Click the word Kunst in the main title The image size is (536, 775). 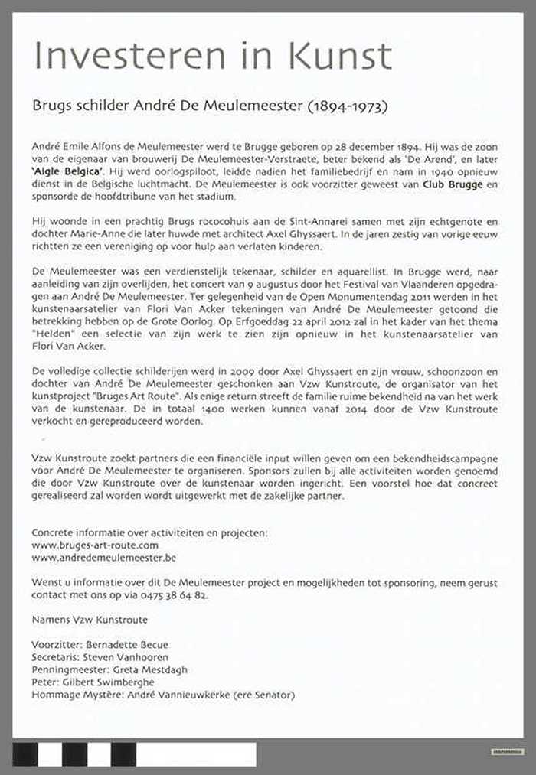click(x=339, y=57)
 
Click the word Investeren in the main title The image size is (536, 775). click(x=137, y=57)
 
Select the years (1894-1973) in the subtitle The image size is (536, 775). click(x=347, y=106)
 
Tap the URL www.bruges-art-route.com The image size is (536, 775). click(x=95, y=545)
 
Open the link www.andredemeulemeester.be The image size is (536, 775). click(x=104, y=558)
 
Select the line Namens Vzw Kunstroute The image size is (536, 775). click(x=90, y=619)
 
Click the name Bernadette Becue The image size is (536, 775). click(x=127, y=644)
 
